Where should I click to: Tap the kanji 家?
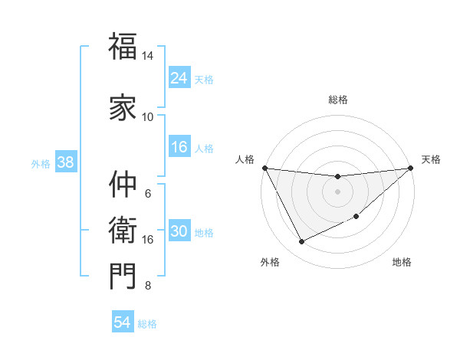coord(123,106)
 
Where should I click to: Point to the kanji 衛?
coord(123,229)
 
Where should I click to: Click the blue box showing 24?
coord(179,77)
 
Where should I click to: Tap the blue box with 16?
coord(179,147)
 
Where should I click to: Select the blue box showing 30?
coord(179,232)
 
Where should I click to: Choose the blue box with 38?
coord(65,162)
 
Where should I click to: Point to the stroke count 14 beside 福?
coord(147,56)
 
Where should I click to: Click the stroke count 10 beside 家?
coord(147,116)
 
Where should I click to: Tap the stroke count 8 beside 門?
coord(147,286)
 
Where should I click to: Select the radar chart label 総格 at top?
coord(337,100)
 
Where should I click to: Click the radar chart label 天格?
coord(431,159)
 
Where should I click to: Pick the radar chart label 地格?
coord(402,262)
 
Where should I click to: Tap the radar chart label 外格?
coord(270,262)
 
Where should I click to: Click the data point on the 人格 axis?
coord(264,168)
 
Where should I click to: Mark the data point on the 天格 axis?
coord(410,168)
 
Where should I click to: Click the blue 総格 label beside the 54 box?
coord(147,324)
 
